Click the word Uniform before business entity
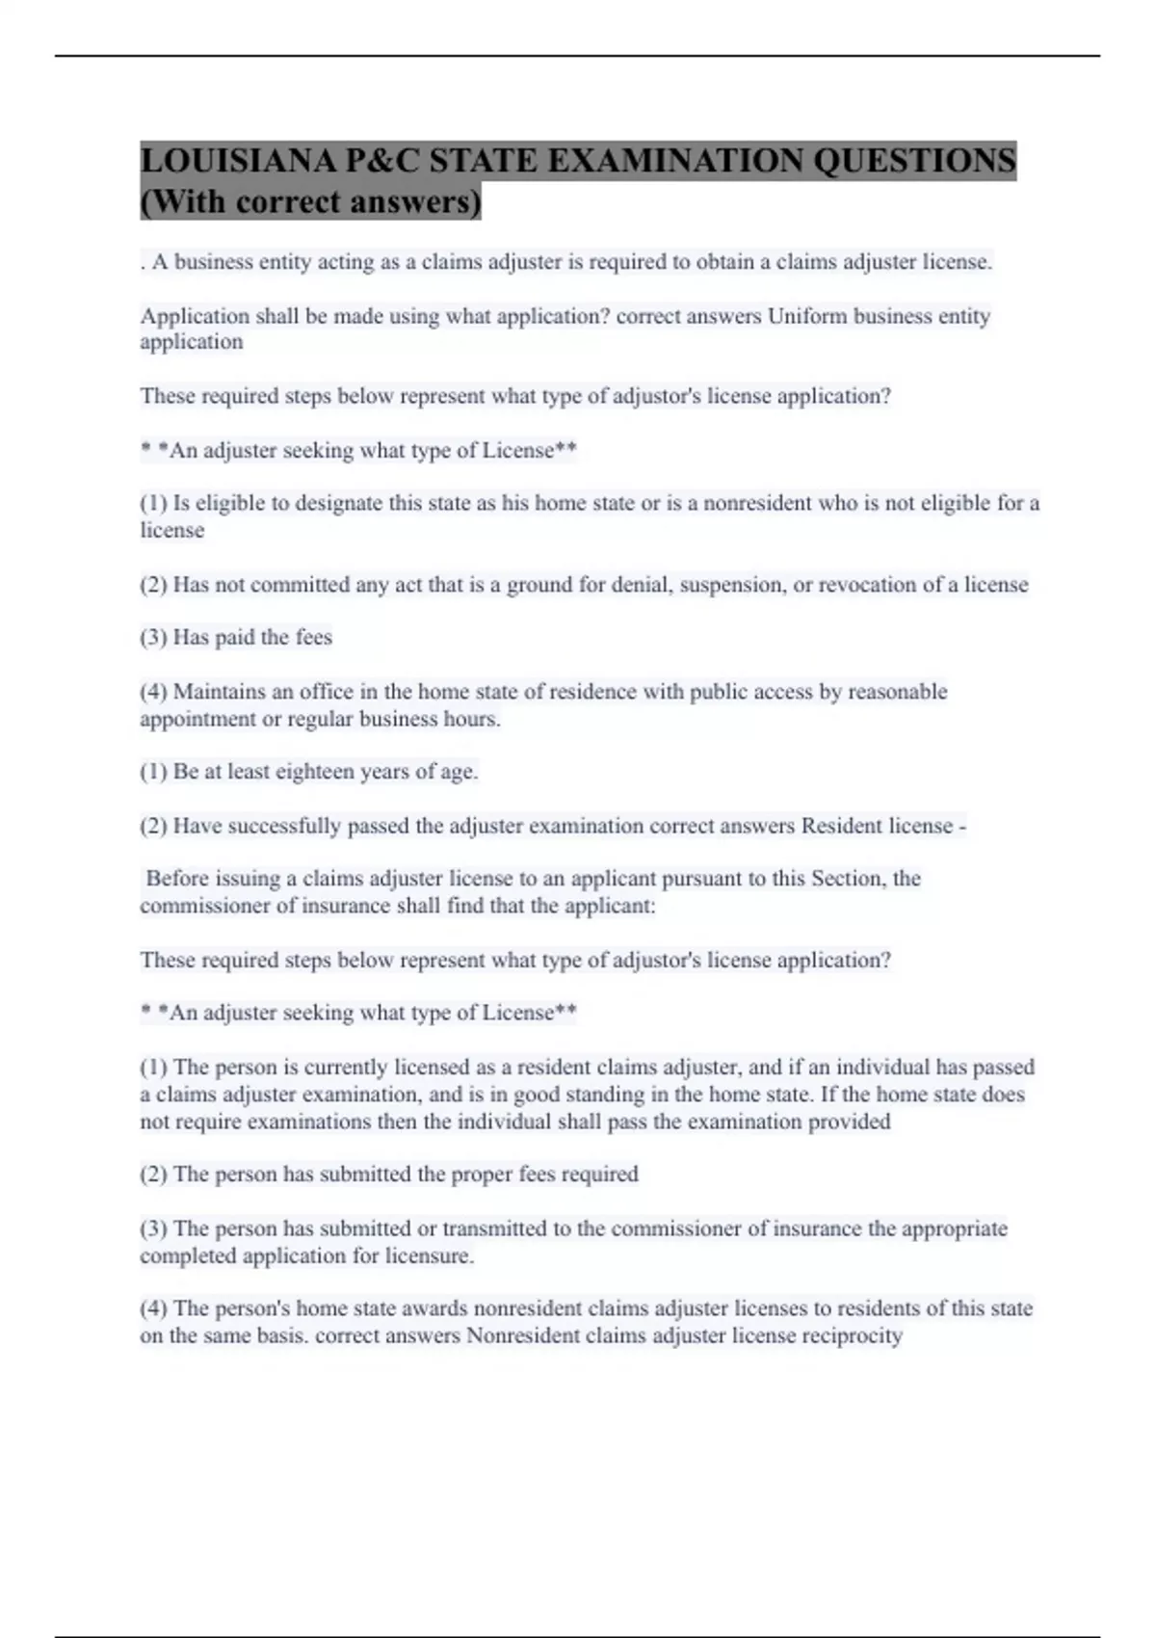[x=801, y=316]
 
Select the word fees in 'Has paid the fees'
[x=314, y=638]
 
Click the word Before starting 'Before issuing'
[x=178, y=879]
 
